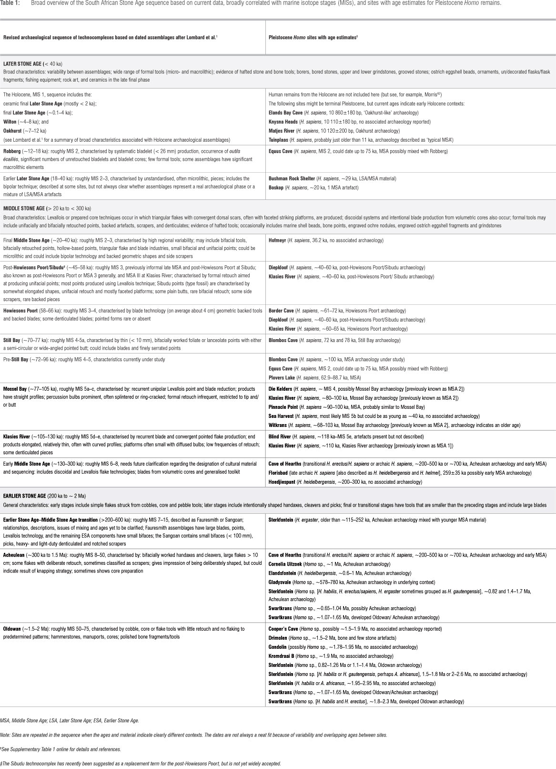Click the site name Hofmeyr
pos(278,240)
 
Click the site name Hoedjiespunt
pos(282,482)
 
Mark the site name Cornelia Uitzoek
pos(284,564)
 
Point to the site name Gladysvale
pos(280,582)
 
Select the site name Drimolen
pos(279,638)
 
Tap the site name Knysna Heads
pos(283,122)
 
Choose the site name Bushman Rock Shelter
pos(290,178)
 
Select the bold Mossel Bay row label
pos(16,389)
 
